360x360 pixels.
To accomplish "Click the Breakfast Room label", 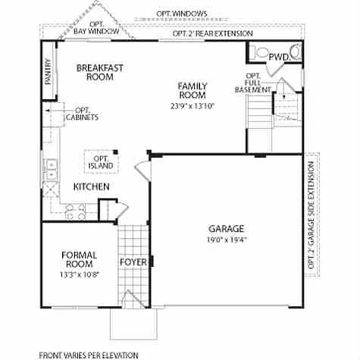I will (x=99, y=72).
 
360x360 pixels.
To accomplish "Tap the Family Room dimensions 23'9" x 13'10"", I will (x=193, y=106).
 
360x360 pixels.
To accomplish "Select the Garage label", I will (x=226, y=228).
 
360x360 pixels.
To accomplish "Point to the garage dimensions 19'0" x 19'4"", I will (x=226, y=240).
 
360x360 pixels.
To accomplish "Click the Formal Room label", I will (x=79, y=259).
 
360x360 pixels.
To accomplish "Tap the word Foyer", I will (x=133, y=262).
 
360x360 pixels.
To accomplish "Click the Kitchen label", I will (x=91, y=186).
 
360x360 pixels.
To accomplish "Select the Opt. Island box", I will (x=101, y=161).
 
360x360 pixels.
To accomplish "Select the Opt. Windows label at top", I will (x=182, y=14).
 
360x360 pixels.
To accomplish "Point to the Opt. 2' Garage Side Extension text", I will (x=311, y=216).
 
